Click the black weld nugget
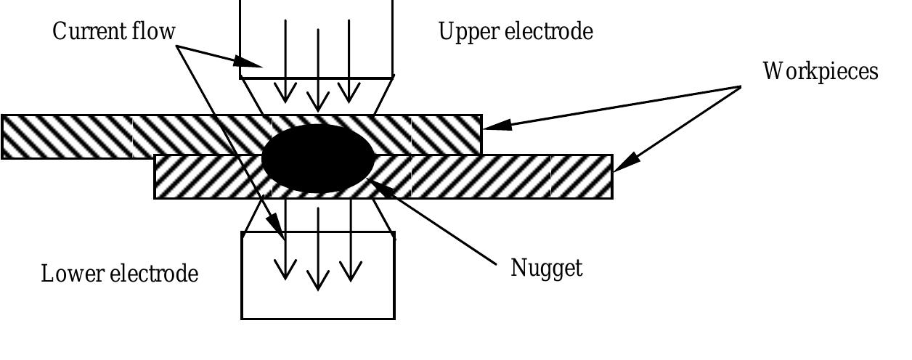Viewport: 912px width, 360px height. coord(317,158)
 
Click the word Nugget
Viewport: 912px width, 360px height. coord(546,268)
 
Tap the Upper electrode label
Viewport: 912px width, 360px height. coord(516,32)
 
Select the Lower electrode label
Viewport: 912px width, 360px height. coord(120,274)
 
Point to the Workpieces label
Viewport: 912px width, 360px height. coord(820,71)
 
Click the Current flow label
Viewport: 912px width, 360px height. coord(114,32)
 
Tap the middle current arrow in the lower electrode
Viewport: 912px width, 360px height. coord(317,247)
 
